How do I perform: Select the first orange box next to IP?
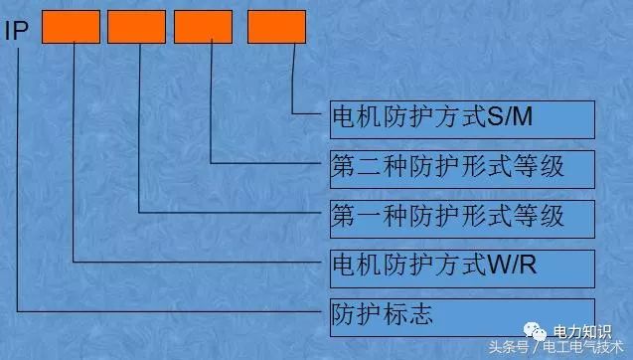[71, 27]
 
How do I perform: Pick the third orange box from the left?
[203, 27]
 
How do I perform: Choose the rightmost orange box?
[277, 27]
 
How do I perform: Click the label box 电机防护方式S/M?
[461, 118]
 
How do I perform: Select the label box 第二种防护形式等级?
[461, 166]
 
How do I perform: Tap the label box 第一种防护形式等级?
[461, 215]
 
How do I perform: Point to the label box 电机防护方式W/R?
[461, 267]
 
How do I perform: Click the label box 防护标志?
[461, 315]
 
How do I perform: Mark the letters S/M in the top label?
[511, 118]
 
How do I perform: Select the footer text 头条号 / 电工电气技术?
[560, 348]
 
